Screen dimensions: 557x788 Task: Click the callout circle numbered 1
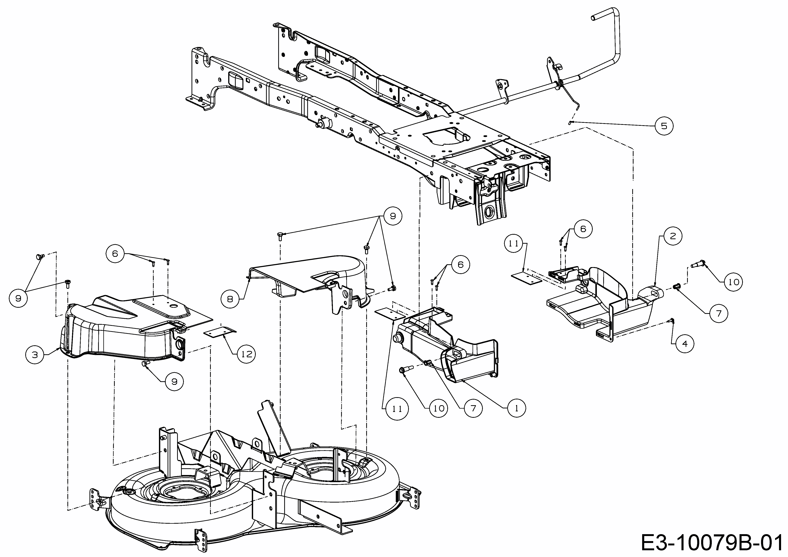tap(516, 408)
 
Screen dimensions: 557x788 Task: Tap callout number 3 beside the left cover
tap(35, 354)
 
